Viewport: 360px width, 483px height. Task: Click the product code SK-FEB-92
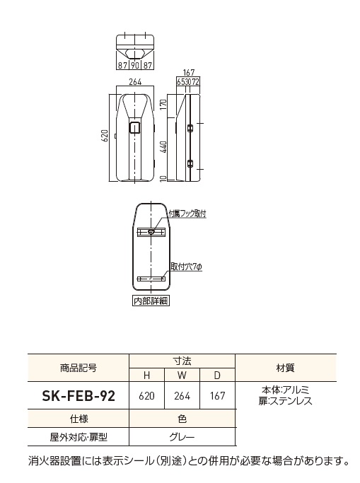pos(79,395)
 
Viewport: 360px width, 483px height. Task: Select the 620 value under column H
pos(146,395)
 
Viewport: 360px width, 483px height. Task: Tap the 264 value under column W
pos(182,395)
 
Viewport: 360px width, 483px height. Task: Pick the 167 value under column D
pos(217,395)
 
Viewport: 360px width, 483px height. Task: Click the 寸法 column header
pos(182,361)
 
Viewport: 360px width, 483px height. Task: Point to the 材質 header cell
pos(286,368)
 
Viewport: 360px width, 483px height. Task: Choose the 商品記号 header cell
pos(79,368)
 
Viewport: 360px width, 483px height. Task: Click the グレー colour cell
pos(182,437)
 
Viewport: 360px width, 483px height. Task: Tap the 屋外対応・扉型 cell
pos(79,437)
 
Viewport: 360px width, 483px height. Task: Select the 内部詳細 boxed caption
pos(151,301)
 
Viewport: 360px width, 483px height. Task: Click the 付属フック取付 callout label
pos(187,214)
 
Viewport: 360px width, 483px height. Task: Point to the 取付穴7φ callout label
pos(186,267)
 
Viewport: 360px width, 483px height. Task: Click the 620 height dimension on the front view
pos(105,136)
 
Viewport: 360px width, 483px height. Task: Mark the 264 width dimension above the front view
pos(135,82)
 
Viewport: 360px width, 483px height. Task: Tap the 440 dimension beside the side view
pos(163,147)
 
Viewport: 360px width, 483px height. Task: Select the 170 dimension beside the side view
pos(163,105)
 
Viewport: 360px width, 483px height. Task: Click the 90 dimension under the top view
pos(135,65)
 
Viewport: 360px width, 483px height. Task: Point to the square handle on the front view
pos(135,127)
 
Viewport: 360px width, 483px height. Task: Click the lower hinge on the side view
pos(190,163)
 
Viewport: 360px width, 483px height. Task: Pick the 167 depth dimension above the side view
pos(188,73)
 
